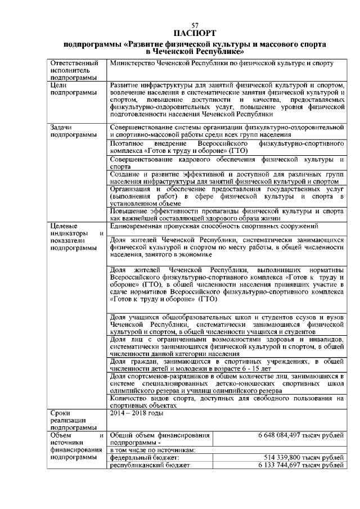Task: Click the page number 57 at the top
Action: (195, 26)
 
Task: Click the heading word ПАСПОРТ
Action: (195, 33)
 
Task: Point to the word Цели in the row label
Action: (59, 85)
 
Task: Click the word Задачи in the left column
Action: (62, 128)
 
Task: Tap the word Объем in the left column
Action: (61, 435)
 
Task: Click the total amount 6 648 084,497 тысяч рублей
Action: (300, 435)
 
